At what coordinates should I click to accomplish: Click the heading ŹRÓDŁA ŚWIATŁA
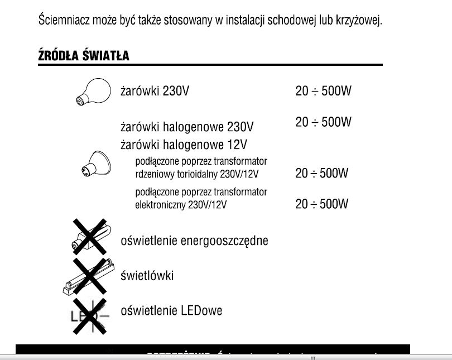[84, 56]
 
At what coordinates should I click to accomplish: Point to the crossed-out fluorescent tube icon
[87, 275]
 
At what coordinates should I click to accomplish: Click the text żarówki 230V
[155, 91]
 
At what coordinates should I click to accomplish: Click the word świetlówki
[147, 276]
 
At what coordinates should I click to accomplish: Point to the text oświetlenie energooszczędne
[194, 241]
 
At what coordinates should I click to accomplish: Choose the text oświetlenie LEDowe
[171, 310]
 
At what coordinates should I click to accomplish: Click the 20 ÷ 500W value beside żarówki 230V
[323, 91]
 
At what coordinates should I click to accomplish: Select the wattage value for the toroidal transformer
[321, 174]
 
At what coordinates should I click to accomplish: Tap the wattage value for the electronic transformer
[321, 204]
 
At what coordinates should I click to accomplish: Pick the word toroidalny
[203, 174]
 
